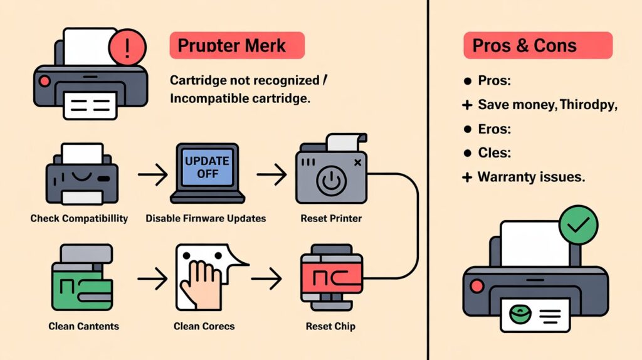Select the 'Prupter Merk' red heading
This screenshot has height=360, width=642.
(x=236, y=46)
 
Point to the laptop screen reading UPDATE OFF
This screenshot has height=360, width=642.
(x=208, y=166)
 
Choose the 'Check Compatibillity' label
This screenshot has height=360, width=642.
(x=79, y=218)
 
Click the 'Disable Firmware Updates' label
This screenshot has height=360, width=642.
(x=206, y=218)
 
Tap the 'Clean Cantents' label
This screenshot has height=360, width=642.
(x=83, y=326)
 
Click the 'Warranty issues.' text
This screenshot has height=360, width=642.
(x=530, y=177)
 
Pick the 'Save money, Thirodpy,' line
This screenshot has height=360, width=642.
(x=547, y=105)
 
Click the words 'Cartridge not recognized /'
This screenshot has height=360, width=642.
(x=249, y=81)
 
